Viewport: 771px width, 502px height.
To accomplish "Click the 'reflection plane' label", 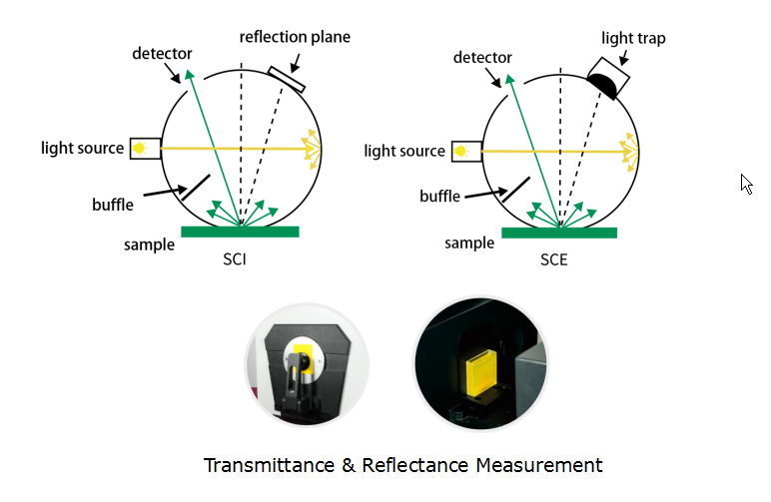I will click(x=295, y=38).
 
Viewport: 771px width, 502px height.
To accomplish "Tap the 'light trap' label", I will click(x=633, y=39).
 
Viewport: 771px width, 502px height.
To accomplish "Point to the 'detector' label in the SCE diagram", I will click(x=482, y=59).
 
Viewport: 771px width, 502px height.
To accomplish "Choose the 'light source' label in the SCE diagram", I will click(x=404, y=151).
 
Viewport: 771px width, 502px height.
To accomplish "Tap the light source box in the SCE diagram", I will click(x=461, y=151).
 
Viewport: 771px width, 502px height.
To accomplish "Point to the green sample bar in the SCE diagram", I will click(x=559, y=233).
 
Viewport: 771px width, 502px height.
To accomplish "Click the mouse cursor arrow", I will click(x=745, y=183).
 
